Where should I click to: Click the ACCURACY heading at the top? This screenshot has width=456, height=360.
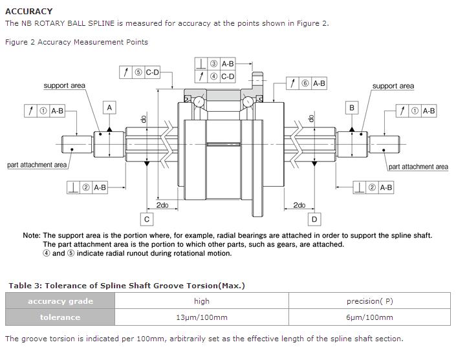coord(29,11)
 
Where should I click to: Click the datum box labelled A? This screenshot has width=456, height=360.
coord(110,107)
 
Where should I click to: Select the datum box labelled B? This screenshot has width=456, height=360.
coord(352,107)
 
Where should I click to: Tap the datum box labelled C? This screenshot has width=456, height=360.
coord(147,219)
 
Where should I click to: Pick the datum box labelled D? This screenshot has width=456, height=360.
coord(314,219)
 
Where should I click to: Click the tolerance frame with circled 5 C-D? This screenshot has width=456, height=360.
coord(139,72)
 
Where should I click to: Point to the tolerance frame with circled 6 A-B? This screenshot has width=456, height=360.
coord(307,83)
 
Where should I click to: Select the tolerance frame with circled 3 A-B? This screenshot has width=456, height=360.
coord(215,63)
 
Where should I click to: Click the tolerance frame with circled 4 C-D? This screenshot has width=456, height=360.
coord(215,76)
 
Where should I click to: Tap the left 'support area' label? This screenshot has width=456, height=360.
coord(64,86)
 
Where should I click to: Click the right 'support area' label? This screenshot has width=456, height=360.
coord(393,86)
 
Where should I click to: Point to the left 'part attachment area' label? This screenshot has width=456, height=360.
coord(37,165)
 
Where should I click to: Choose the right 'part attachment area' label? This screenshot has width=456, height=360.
coord(418,167)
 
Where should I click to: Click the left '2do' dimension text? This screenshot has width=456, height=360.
coord(162,205)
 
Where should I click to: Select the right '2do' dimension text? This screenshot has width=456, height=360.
coord(299,205)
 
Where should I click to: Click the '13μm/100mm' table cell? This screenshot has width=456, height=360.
coord(202,317)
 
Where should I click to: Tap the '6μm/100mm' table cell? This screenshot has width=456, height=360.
coord(369,317)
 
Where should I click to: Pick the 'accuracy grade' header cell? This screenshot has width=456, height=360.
coord(60,301)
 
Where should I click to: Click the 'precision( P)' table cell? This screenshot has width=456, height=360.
coord(369,301)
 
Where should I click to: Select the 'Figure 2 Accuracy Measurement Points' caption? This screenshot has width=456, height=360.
coord(76,42)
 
